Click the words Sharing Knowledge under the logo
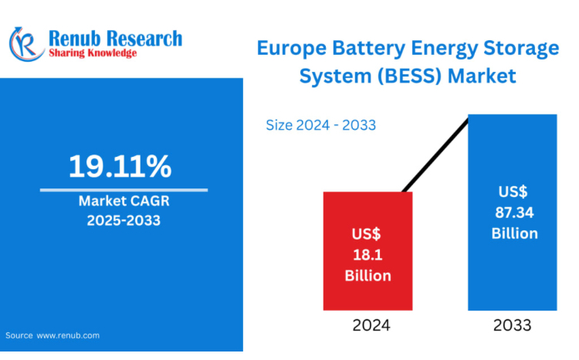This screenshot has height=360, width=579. [93, 53]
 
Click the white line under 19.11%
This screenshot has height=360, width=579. [124, 189]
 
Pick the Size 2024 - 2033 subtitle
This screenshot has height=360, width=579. [320, 124]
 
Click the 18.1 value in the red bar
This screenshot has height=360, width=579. [367, 254]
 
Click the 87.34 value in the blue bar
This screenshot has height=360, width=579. [513, 212]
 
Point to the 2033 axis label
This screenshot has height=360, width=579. [513, 325]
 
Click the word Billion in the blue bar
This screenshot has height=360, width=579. [513, 233]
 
